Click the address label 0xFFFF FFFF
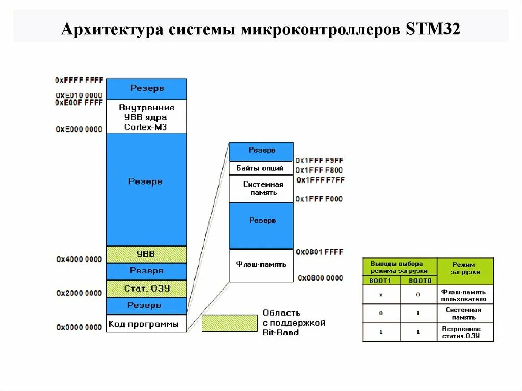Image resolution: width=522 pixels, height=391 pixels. coord(79,80)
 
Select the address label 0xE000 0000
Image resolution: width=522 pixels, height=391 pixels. coord(79,129)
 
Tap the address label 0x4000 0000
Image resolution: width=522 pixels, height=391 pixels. coord(79,259)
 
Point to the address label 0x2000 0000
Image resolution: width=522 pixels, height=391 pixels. coord(79,293)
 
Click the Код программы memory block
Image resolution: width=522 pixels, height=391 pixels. coord(146,324)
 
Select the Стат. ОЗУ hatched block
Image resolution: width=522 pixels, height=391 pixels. coord(146,289)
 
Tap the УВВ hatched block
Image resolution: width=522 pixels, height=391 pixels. coord(146,254)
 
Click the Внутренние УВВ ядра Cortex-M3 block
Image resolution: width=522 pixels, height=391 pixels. coord(146,117)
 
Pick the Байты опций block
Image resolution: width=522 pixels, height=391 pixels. coord(261,168)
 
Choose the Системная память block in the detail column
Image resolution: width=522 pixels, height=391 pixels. coord(261,189)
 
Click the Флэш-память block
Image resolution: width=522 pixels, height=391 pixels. coord(261,265)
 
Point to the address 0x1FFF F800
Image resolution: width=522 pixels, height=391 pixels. coord(319,170)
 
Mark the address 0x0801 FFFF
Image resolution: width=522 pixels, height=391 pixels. coord(320,252)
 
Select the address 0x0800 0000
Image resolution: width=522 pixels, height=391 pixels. coord(320,278)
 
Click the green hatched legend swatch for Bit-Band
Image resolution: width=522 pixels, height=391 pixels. coord(229,323)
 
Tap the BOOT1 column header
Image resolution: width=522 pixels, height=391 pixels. coord(381,280)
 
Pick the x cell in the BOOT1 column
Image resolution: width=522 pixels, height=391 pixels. coord(381,295)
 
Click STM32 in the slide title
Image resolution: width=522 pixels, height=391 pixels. coord(433,30)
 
